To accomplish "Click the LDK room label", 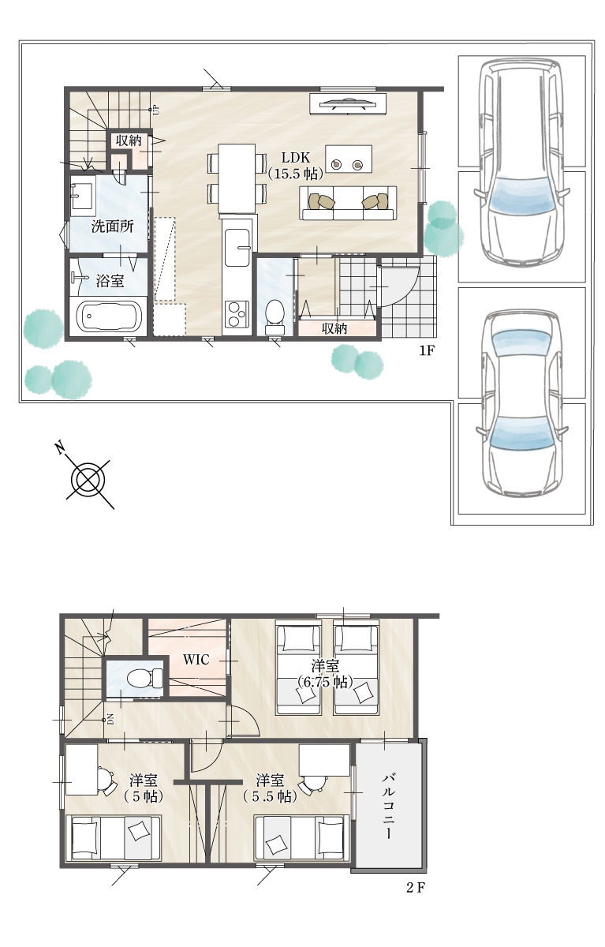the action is tap(296, 165).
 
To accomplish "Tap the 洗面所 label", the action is tap(112, 227).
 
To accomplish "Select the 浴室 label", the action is tap(110, 281).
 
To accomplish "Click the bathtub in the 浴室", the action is tap(107, 316).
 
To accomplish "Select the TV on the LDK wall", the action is tap(347, 103).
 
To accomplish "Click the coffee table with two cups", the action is tap(349, 159).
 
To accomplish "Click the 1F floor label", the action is tap(427, 350).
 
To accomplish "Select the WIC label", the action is tap(196, 659).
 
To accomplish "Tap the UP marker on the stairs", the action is tap(156, 110).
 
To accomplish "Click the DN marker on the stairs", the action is tap(110, 719).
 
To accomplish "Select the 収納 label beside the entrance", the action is tap(334, 328).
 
